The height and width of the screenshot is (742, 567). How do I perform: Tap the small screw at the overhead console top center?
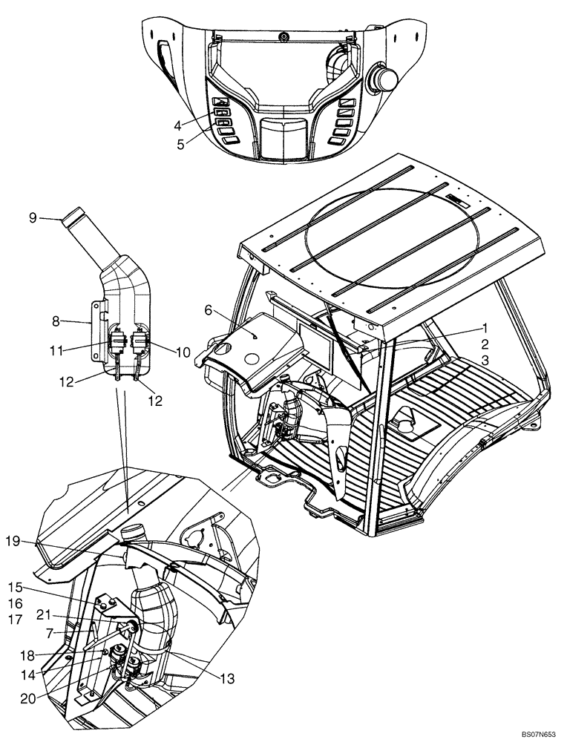(283, 36)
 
